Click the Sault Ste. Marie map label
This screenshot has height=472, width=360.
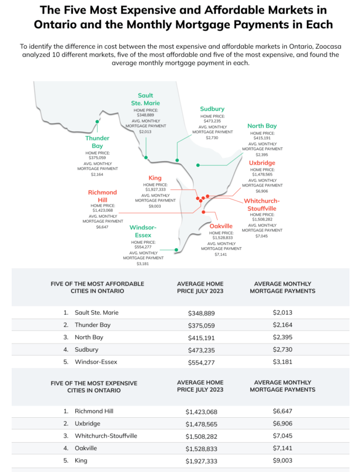point(146,99)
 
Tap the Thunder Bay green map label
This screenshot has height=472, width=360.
point(97,142)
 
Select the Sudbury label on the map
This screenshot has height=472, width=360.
point(212,109)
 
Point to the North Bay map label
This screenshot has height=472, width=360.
point(262,126)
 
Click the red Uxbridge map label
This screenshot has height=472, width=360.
point(262,163)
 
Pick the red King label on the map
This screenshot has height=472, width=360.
point(155,178)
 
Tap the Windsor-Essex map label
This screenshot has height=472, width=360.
point(143,231)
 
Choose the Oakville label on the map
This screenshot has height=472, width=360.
point(221,226)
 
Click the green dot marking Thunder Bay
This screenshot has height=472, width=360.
point(97,121)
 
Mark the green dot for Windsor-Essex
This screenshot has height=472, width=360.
point(176,250)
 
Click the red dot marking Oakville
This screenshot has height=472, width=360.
point(204,212)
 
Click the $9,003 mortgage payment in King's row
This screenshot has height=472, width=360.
point(282,460)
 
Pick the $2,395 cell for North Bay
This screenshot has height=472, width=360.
point(282,337)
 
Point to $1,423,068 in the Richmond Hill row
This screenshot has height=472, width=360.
point(200,412)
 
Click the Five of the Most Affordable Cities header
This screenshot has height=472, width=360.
point(97,287)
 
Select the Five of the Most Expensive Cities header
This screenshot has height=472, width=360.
point(97,386)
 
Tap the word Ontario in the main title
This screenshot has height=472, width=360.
point(60,24)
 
